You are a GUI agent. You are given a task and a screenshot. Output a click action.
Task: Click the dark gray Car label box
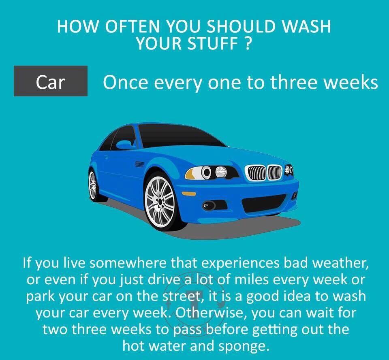pyautogui.click(x=51, y=81)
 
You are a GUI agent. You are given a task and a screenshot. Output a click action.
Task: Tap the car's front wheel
pyautogui.click(x=160, y=201)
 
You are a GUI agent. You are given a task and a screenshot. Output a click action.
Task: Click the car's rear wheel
pyautogui.click(x=93, y=185)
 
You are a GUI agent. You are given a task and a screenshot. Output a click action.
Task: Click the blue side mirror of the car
pyautogui.click(x=125, y=144)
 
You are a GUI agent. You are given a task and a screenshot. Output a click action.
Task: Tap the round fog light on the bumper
pyautogui.click(x=209, y=206)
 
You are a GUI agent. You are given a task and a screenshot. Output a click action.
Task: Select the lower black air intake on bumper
pyautogui.click(x=263, y=203)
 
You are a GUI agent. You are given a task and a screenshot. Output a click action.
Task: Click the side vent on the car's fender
pyautogui.click(x=139, y=164)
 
